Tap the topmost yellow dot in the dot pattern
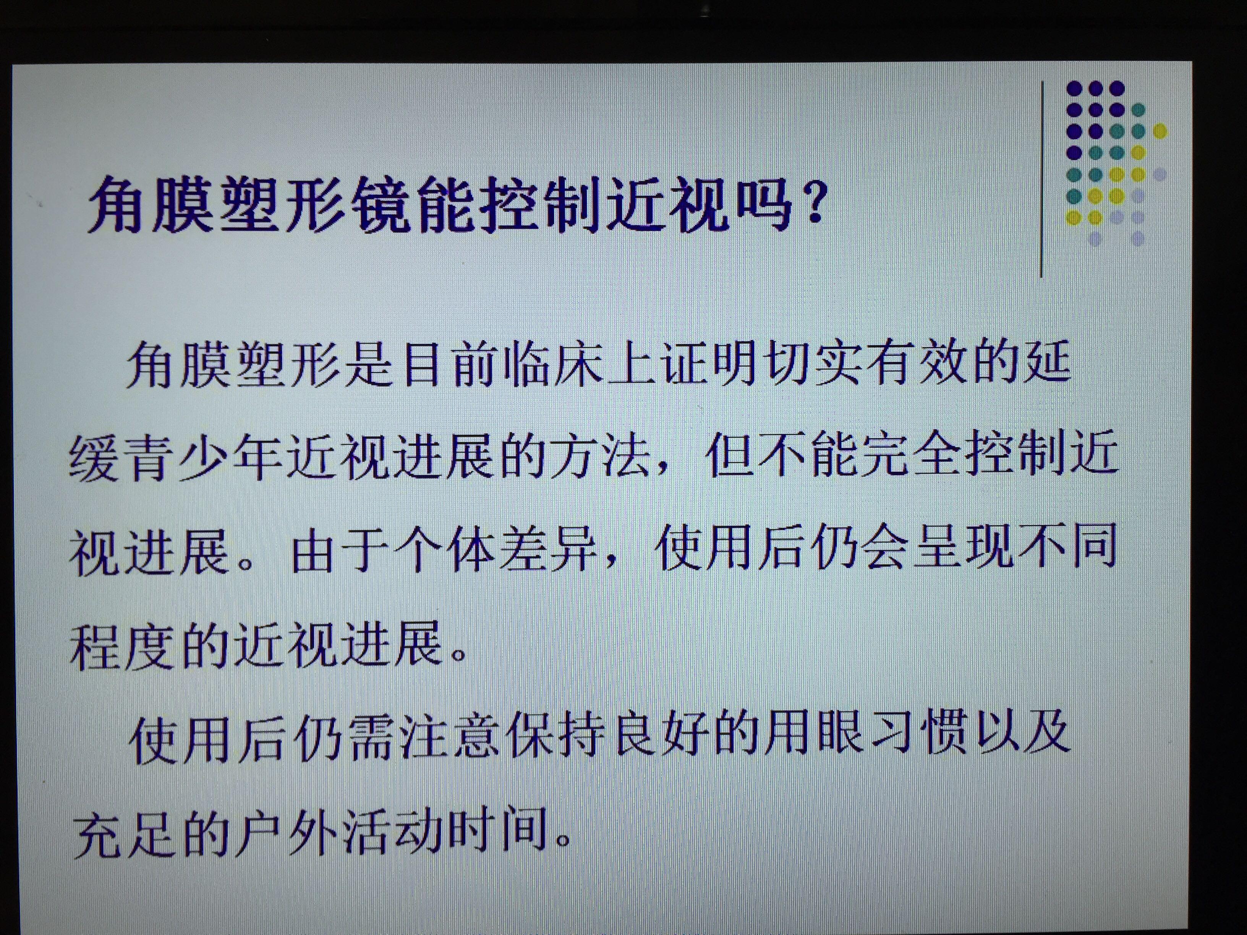[1159, 131]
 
